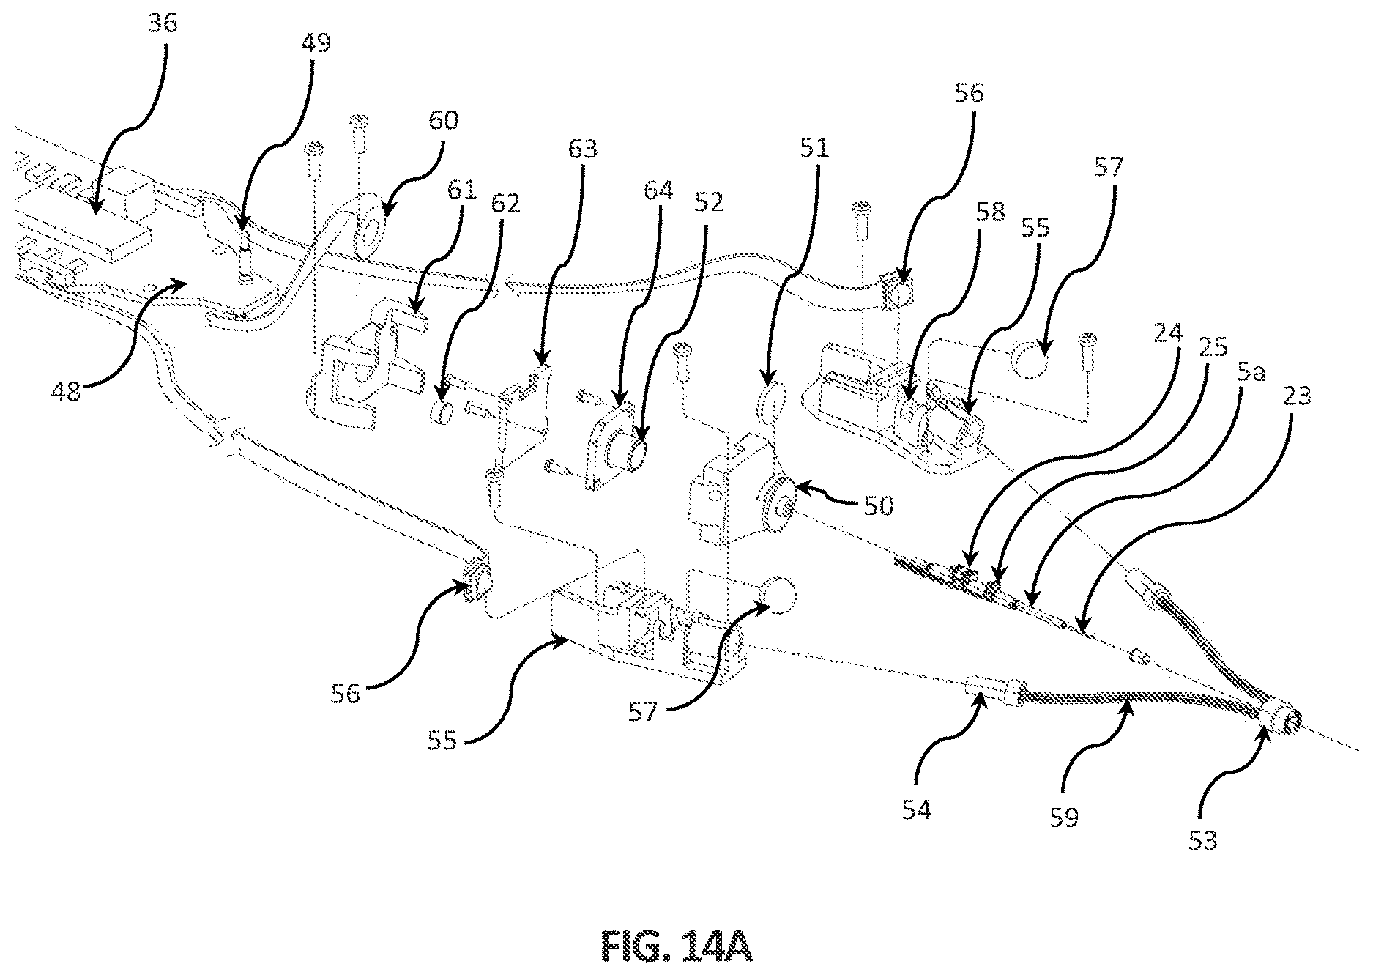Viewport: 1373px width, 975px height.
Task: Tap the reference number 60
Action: (x=442, y=119)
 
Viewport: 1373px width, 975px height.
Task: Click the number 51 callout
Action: (x=814, y=149)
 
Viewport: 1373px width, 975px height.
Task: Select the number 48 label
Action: (x=67, y=393)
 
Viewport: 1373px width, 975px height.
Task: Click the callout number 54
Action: (x=916, y=809)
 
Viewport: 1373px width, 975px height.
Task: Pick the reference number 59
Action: (x=1064, y=817)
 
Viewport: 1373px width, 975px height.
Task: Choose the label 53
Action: (x=1202, y=839)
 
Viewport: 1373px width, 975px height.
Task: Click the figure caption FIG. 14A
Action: (x=677, y=946)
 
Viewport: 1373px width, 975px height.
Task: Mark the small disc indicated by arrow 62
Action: (x=442, y=412)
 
